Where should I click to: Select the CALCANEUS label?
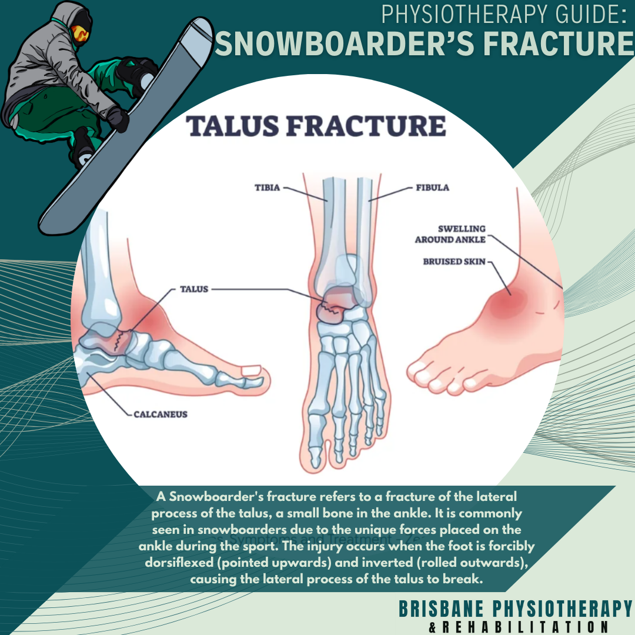pyautogui.click(x=160, y=414)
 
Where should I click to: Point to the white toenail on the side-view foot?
pyautogui.click(x=252, y=370)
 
